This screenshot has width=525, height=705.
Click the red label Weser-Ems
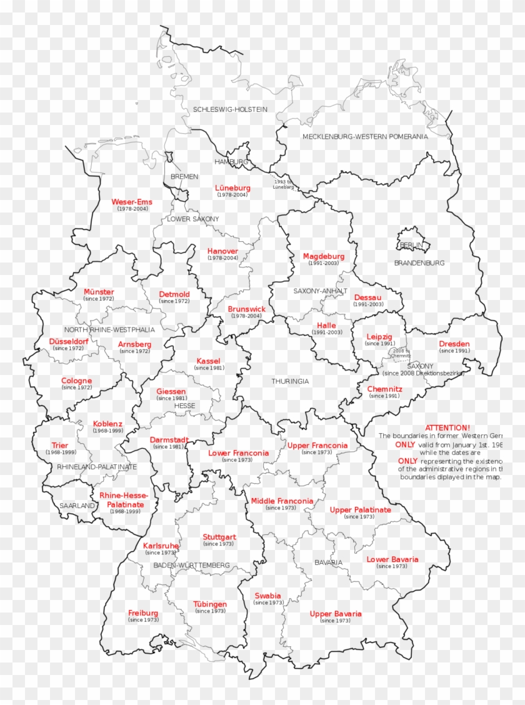(131, 202)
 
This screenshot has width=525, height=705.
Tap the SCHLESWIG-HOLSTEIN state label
(230, 109)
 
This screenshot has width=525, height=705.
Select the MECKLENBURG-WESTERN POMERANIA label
(365, 136)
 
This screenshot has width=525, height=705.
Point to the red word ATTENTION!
(447, 427)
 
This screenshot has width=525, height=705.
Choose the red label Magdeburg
(323, 256)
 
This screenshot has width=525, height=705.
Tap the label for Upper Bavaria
(336, 614)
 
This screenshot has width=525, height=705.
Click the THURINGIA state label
(290, 381)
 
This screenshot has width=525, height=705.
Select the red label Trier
(61, 446)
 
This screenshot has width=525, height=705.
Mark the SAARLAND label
(77, 505)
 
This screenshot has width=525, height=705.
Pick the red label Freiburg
(143, 613)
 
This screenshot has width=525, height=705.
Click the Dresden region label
(454, 344)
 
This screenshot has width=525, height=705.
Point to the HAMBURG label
(231, 161)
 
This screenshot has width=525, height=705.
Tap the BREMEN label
(184, 177)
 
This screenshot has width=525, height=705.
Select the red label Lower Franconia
(238, 453)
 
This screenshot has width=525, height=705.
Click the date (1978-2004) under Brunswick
(246, 316)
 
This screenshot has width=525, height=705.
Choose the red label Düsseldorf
(69, 341)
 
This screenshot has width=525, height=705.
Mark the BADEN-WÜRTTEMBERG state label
(187, 565)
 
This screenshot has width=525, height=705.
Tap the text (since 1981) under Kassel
(209, 368)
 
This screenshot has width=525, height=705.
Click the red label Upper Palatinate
(360, 510)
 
